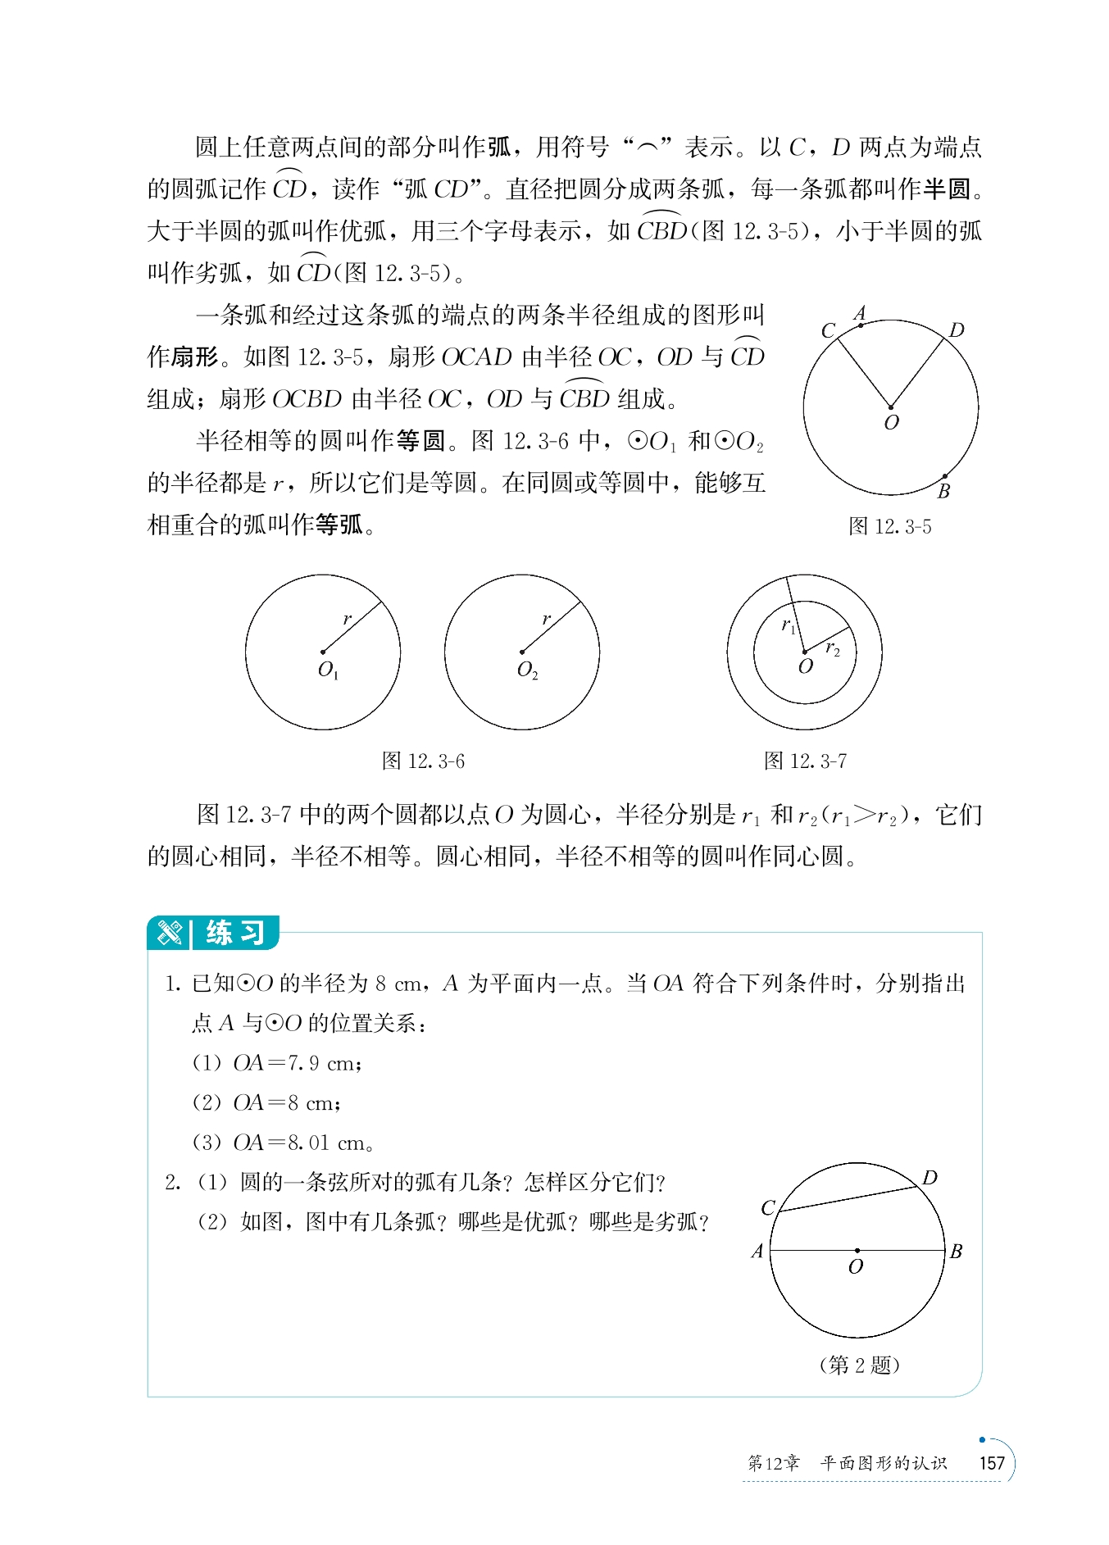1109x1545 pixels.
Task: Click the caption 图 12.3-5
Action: point(889,526)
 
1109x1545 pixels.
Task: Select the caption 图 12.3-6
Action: point(423,761)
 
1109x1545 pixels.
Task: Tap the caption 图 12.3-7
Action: point(805,761)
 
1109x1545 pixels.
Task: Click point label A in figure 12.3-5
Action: point(859,313)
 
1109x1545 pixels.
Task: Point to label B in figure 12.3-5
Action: point(943,492)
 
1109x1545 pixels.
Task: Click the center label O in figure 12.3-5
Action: point(891,423)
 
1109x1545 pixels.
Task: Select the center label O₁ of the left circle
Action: point(328,670)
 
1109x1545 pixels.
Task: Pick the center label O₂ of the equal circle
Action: point(527,670)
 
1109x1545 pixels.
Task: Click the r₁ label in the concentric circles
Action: point(789,626)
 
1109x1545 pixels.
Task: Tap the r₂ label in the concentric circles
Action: point(833,649)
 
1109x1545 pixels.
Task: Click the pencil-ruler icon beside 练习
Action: point(170,933)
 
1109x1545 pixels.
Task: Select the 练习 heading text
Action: point(235,933)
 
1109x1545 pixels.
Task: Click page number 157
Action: point(992,1463)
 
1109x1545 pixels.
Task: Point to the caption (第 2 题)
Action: point(859,1365)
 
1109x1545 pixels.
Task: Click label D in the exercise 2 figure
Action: point(929,1178)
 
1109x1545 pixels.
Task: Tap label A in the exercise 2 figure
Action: point(757,1252)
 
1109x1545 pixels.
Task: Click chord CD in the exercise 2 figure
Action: point(848,1198)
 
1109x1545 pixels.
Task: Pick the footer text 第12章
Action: point(773,1463)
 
